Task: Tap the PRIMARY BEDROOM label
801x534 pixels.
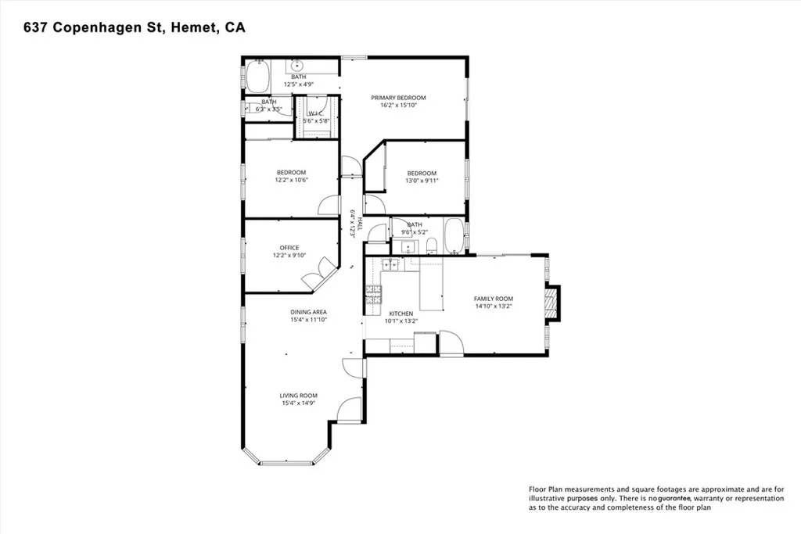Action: pos(404,98)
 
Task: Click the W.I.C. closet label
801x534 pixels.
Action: pos(317,113)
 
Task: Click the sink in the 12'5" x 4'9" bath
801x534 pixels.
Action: pos(298,66)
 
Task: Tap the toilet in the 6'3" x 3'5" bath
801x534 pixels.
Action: pos(249,109)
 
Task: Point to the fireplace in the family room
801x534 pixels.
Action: pos(552,304)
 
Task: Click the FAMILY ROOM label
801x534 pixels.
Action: pos(493,299)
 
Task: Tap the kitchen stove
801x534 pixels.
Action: pos(373,295)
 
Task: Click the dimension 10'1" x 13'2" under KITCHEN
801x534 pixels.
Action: pos(401,321)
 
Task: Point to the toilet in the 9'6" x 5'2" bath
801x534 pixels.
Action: pos(431,246)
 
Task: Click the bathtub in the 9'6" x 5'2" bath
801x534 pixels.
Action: pos(453,237)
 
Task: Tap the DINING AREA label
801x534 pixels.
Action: pos(308,312)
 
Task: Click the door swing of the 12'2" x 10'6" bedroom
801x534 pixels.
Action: pos(327,204)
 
